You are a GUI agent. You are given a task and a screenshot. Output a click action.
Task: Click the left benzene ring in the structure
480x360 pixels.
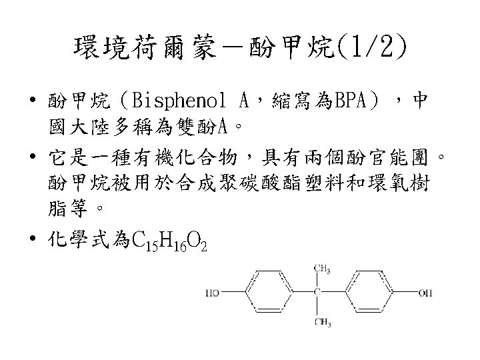coord(273,292)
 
